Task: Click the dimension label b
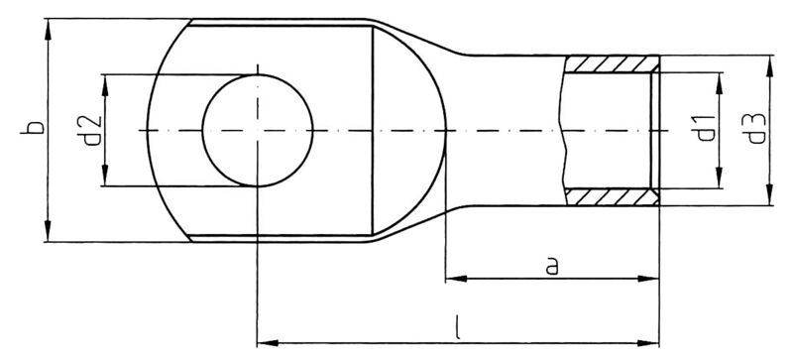(x=32, y=130)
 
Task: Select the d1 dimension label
(x=705, y=129)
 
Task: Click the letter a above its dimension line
(x=553, y=265)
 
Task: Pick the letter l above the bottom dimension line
(x=457, y=325)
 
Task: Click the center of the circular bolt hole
(x=257, y=130)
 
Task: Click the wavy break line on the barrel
(x=562, y=130)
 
